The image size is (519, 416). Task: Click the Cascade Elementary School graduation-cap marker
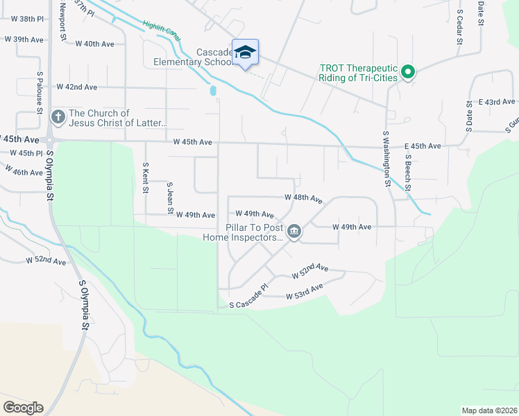click(245, 53)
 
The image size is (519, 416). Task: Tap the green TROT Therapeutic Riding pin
click(409, 71)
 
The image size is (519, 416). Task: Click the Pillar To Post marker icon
click(294, 232)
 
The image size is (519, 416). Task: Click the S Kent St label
click(145, 178)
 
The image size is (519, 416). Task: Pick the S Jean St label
click(169, 197)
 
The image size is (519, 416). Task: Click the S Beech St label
click(409, 173)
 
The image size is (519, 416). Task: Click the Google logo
click(23, 407)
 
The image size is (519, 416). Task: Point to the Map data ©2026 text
click(488, 410)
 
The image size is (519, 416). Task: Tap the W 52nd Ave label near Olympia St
click(46, 261)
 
